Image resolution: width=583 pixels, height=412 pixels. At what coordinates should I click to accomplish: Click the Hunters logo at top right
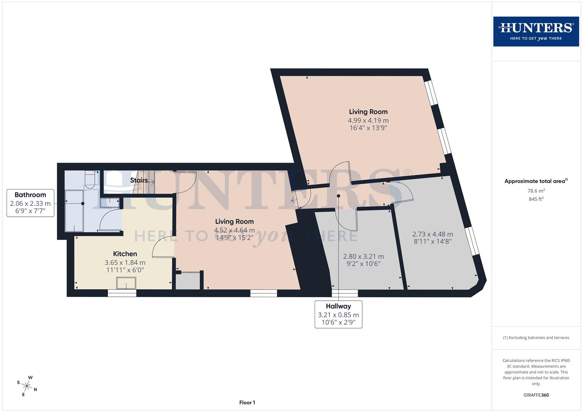tap(536, 31)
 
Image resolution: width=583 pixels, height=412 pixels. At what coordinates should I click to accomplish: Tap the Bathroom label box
tap(30, 203)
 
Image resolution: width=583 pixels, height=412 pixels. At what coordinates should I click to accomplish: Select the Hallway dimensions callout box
tap(338, 314)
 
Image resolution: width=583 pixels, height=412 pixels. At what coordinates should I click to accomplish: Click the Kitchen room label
tap(125, 254)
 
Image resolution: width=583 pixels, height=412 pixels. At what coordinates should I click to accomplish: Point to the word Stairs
tap(139, 180)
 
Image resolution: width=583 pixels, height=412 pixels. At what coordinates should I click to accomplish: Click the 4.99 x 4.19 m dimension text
tap(368, 120)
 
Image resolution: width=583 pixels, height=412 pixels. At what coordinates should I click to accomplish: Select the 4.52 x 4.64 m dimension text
tap(234, 230)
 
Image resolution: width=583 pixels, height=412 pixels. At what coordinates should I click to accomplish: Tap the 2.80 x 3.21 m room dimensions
tap(363, 256)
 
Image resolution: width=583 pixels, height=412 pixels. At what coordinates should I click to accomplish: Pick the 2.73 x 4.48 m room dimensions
tap(432, 234)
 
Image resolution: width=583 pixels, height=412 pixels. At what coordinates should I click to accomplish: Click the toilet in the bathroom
tap(89, 180)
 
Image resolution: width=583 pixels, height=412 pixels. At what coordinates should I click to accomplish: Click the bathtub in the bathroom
tap(74, 211)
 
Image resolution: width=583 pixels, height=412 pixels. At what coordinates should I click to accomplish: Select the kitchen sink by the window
tap(126, 283)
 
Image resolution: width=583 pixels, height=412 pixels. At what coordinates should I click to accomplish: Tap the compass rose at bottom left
tap(27, 385)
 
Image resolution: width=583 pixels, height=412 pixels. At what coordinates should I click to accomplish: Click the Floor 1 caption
tap(247, 402)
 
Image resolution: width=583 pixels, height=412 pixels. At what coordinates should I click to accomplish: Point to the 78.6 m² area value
tap(536, 191)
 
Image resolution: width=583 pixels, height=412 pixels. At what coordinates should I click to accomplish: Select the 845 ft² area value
tap(536, 199)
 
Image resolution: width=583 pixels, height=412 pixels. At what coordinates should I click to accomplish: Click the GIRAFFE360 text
tap(536, 395)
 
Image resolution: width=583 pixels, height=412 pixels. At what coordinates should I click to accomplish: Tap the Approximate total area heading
tap(536, 181)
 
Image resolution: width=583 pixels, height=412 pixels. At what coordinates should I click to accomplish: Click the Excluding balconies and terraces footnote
tap(536, 338)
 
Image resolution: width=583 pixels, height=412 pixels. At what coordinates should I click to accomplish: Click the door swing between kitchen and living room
tap(162, 246)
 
